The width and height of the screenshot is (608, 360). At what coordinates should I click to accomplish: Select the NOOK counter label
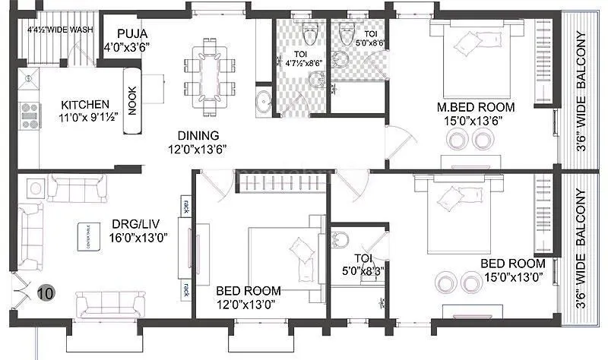133,99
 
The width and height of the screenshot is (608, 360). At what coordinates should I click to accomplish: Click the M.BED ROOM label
470,106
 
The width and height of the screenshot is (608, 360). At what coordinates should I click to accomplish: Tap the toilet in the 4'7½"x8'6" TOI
309,35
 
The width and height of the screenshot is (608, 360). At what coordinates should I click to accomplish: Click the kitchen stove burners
28,115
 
